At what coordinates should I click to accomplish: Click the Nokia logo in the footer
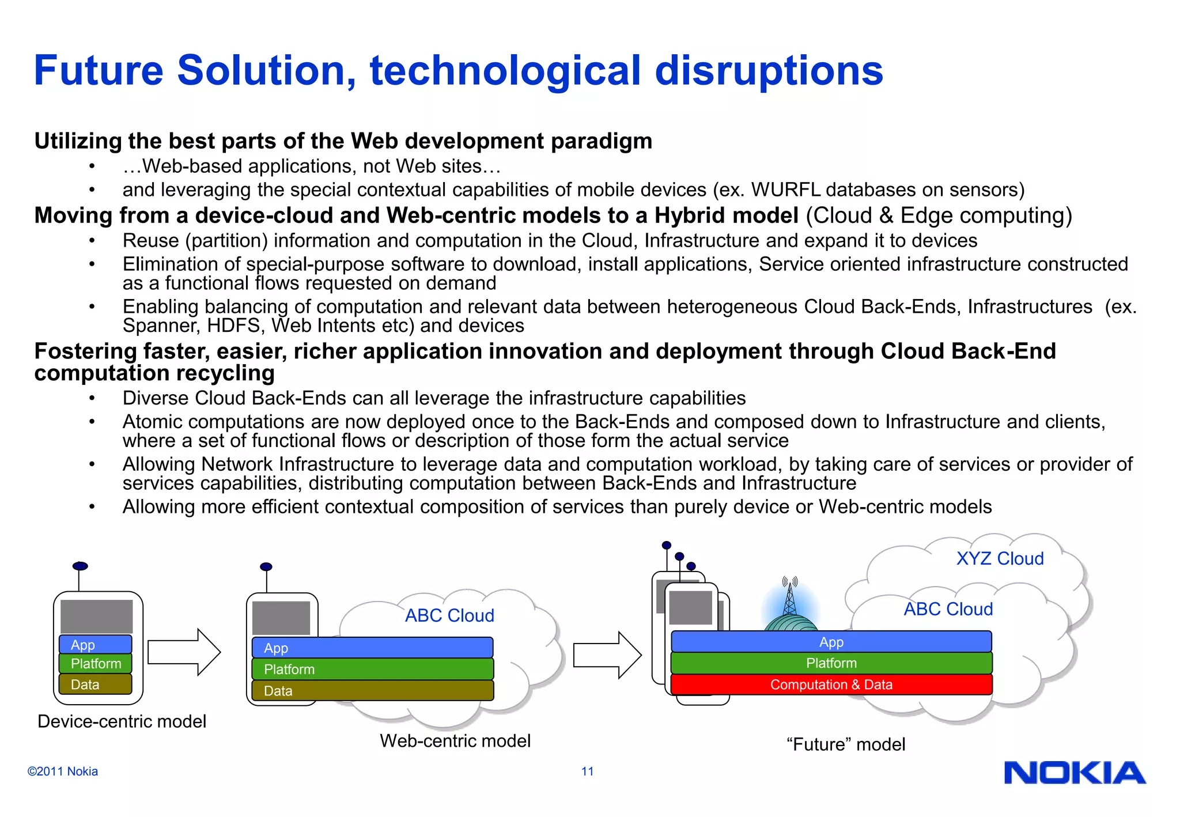1075,773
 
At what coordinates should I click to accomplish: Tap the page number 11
587,771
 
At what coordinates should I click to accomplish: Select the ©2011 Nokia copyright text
62,771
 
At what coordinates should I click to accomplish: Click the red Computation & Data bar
831,684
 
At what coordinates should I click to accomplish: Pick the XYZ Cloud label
1000,558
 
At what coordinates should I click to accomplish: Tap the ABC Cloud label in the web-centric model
449,615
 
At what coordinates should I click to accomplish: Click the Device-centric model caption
122,721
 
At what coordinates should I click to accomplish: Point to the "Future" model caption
845,744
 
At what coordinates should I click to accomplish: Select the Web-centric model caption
455,740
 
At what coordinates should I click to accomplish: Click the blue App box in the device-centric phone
96,645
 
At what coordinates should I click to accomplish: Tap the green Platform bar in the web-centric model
373,669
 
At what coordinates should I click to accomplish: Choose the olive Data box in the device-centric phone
96,684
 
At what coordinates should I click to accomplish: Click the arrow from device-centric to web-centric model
184,652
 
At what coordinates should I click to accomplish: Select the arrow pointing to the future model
607,655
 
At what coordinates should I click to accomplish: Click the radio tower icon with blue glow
790,605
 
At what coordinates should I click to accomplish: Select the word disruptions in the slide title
769,70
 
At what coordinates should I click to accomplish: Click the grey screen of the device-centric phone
96,616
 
